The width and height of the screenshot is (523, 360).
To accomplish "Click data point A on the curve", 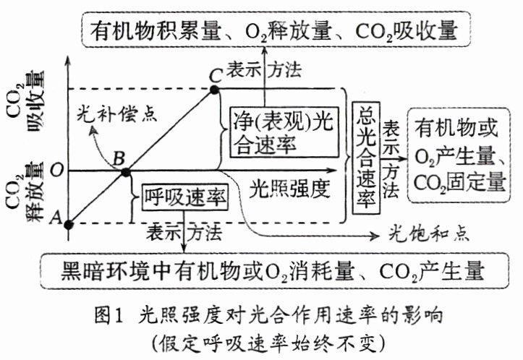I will click(68, 223).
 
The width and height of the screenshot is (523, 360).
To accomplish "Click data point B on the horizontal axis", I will click(125, 172).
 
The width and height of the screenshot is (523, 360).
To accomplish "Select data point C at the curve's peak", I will click(213, 89).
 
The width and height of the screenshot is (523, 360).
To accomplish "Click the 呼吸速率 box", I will click(182, 195).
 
